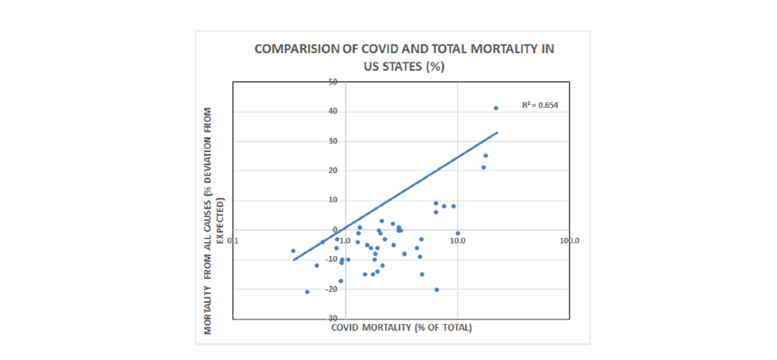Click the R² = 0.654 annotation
(x=540, y=105)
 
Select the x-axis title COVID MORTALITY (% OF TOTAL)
(x=402, y=327)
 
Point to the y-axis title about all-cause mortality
(x=214, y=219)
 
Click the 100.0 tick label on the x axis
(x=568, y=241)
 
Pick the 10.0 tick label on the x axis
(x=457, y=241)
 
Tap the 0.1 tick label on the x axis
(x=233, y=241)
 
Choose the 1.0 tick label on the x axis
(x=345, y=241)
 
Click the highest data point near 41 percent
(x=496, y=108)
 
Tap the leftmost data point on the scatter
(x=293, y=251)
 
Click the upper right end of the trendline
(x=497, y=132)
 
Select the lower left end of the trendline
(x=293, y=260)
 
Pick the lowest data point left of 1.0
(x=307, y=292)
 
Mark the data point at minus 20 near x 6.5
(x=436, y=289)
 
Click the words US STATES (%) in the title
(x=403, y=67)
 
